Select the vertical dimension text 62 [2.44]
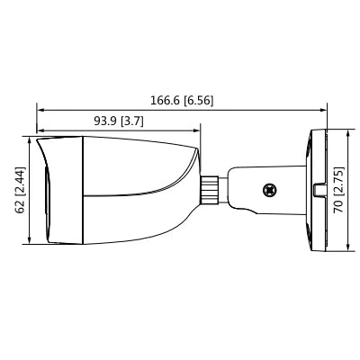point(20,190)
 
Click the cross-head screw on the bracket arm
point(267,190)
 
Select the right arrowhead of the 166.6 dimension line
point(324,111)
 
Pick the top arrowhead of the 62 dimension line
point(31,140)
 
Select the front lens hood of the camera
point(58,190)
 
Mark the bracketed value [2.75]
point(340,177)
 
